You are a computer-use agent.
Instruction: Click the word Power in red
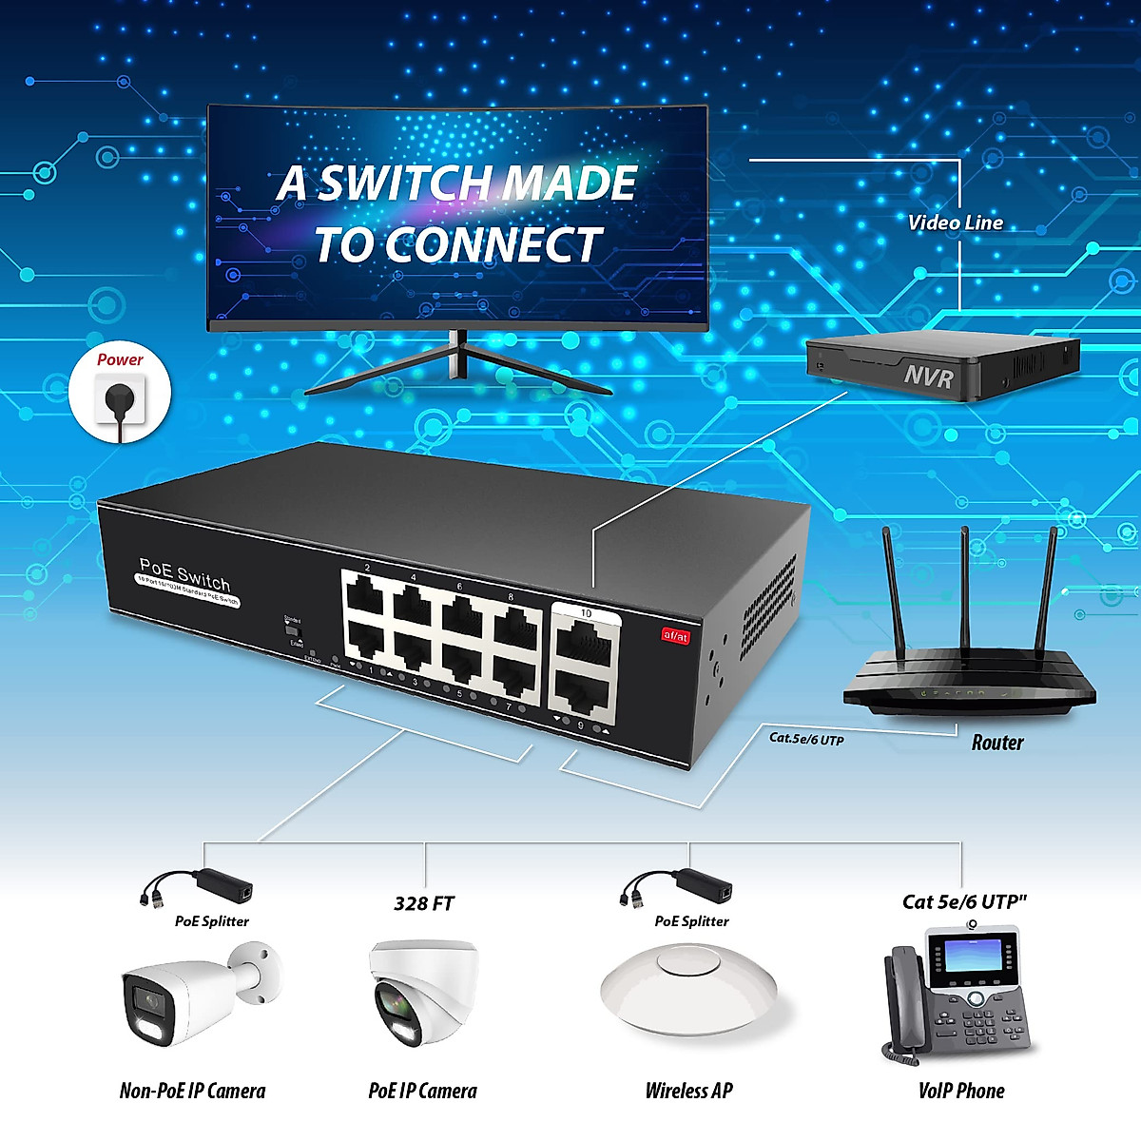pos(120,359)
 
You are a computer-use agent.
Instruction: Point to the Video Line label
pos(955,223)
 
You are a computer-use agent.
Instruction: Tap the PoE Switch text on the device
pos(184,575)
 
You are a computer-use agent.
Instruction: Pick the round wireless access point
pos(689,989)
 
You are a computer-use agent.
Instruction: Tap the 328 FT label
pos(424,903)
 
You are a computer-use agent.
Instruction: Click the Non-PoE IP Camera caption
pos(192,1091)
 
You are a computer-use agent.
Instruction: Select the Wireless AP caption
pos(688,1091)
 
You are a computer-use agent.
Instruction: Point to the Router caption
pos(997,743)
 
